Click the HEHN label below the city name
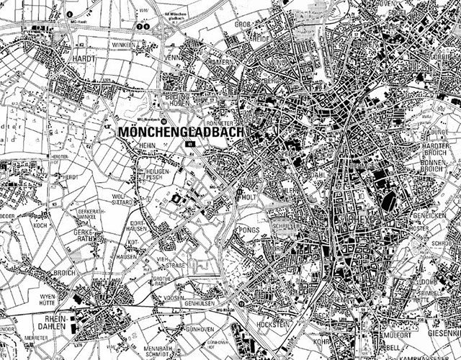coord(129,145)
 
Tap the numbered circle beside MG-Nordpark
coord(164,120)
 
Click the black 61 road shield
coord(190,145)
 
